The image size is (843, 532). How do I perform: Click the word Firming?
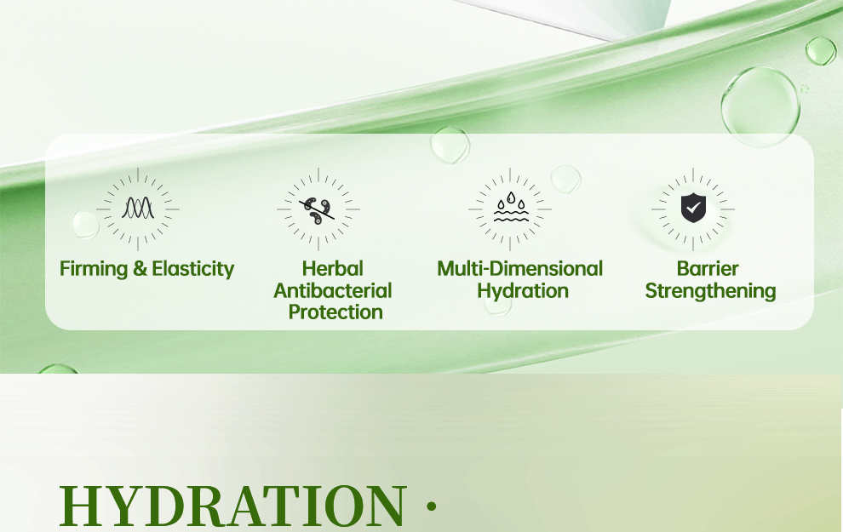(x=94, y=269)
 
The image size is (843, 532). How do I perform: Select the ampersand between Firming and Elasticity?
(x=140, y=269)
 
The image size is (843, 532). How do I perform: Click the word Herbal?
(x=333, y=269)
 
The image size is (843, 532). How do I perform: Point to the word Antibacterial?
(x=333, y=291)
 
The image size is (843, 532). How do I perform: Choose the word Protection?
(x=335, y=312)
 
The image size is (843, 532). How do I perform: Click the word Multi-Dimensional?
(x=520, y=269)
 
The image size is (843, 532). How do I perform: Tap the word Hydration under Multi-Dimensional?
(x=523, y=291)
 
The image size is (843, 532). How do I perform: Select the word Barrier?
(x=708, y=269)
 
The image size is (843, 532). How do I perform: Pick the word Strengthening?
(x=710, y=291)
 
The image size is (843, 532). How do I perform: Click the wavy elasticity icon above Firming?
(x=138, y=208)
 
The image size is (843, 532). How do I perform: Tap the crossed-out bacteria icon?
(x=318, y=210)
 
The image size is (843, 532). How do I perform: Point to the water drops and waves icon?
(x=511, y=208)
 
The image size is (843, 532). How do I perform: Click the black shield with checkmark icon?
(x=693, y=208)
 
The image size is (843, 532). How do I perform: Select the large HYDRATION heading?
(x=232, y=506)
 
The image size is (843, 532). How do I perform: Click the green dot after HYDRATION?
(x=431, y=506)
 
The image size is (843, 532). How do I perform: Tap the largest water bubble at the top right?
(x=760, y=106)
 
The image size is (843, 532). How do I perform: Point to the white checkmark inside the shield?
(x=693, y=207)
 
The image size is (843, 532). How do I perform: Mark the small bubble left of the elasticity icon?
(x=85, y=225)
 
